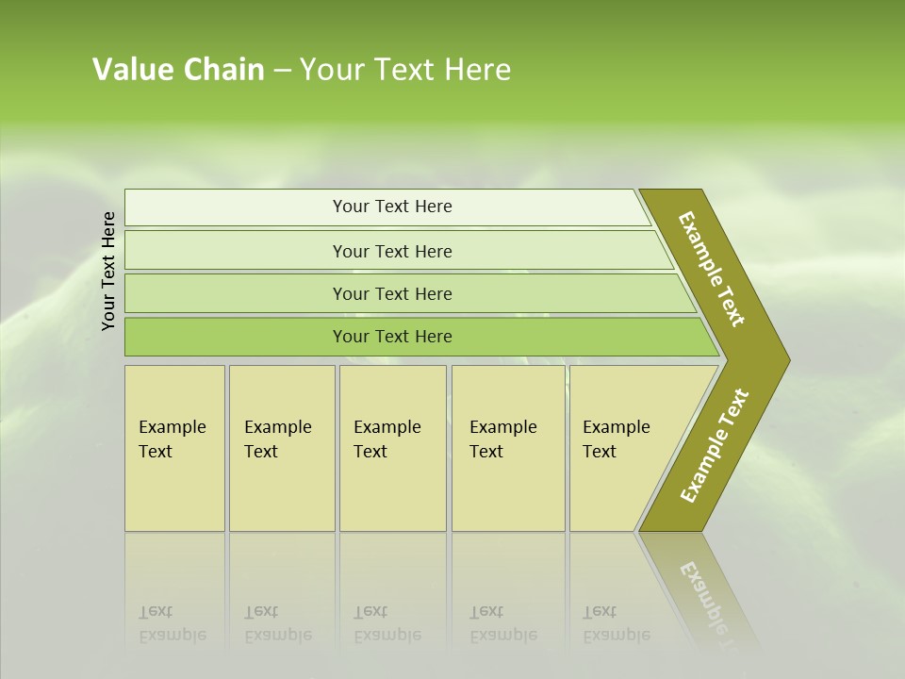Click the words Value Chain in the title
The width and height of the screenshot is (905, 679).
click(x=178, y=69)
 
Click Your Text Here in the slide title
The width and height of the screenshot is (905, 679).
click(x=405, y=70)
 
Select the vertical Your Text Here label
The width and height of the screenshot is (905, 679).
click(x=108, y=271)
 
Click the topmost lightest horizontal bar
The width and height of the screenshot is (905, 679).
click(x=391, y=207)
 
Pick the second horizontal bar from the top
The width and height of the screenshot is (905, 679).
click(x=391, y=251)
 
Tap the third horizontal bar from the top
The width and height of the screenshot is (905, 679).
click(x=391, y=293)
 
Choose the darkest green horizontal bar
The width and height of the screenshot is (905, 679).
click(x=391, y=337)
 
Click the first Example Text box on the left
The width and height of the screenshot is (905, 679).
click(x=174, y=448)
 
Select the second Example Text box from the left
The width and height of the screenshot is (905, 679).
click(x=281, y=448)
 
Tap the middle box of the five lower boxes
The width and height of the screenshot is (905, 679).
click(x=392, y=448)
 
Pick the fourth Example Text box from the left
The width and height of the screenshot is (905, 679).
click(x=508, y=448)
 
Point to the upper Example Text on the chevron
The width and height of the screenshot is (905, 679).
click(x=712, y=269)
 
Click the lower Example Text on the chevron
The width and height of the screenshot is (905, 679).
click(x=715, y=446)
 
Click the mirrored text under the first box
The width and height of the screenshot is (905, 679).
click(x=172, y=624)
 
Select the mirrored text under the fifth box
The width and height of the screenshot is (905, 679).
click(x=616, y=624)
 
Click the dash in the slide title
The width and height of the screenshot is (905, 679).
click(x=282, y=71)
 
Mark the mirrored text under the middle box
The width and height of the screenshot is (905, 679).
click(x=387, y=624)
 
